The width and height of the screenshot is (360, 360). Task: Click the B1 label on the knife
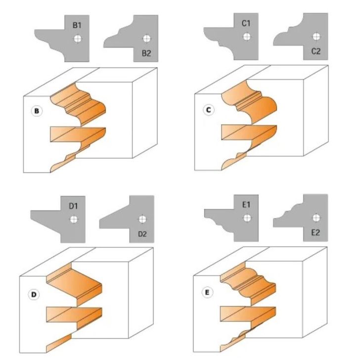(77, 25)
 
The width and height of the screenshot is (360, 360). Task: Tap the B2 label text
(146, 53)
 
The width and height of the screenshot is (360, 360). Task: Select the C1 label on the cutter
(246, 23)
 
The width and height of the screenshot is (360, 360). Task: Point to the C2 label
(316, 51)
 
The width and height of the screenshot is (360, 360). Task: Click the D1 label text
(73, 206)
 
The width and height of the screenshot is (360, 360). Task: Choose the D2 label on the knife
(142, 234)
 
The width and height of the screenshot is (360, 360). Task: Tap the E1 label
(246, 205)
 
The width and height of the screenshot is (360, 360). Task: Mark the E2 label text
(315, 232)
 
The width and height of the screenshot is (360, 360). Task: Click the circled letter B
(37, 111)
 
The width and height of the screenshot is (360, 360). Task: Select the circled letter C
(209, 110)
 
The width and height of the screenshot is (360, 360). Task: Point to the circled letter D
(34, 295)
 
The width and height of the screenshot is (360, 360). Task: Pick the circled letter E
(207, 293)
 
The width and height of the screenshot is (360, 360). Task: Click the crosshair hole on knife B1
(78, 39)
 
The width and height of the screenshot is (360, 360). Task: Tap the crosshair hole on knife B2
(147, 39)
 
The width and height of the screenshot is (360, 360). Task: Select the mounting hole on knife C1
(247, 37)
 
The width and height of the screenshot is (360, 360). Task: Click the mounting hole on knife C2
(316, 37)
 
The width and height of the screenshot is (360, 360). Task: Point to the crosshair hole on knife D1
(74, 219)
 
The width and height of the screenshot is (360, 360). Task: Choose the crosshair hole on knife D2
(142, 219)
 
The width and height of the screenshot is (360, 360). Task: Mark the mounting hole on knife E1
(247, 218)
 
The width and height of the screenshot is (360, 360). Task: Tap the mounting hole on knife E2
(316, 218)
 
